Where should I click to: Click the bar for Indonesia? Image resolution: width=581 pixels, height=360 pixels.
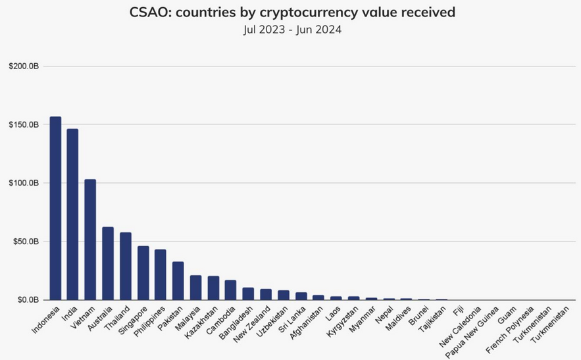(x=55, y=208)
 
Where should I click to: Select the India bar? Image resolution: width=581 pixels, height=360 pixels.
(x=72, y=214)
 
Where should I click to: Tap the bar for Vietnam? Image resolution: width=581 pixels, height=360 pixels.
(x=90, y=240)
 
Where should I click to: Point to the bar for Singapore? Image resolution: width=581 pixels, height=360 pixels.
(x=143, y=272)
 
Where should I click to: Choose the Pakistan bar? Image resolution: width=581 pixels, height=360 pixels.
(x=178, y=280)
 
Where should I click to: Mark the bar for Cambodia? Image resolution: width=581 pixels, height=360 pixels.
(x=230, y=290)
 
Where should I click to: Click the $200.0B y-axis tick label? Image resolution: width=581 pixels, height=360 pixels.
(x=24, y=66)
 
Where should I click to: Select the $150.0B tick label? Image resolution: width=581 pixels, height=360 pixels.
(x=24, y=124)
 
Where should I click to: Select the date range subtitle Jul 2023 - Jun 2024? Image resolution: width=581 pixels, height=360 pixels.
(x=290, y=29)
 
